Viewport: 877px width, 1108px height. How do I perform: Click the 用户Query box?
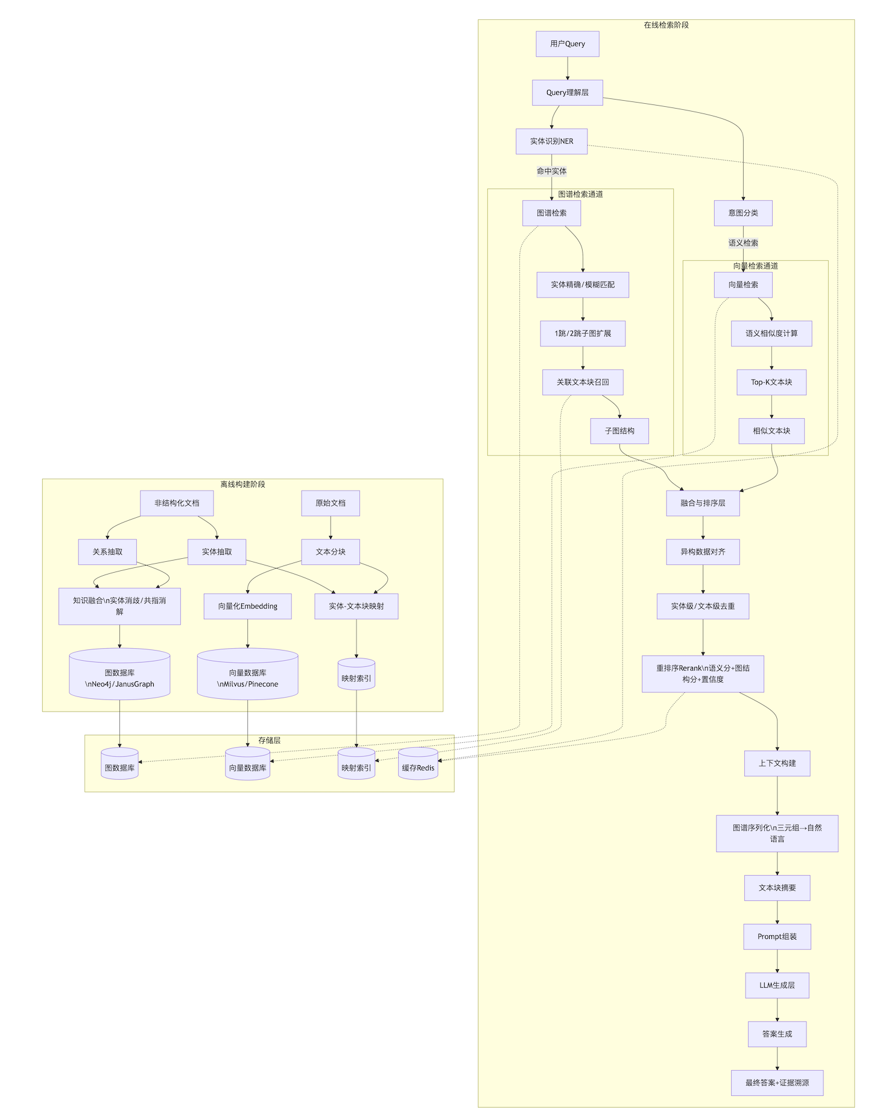pyautogui.click(x=567, y=44)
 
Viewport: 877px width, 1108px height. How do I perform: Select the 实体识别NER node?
pyautogui.click(x=551, y=141)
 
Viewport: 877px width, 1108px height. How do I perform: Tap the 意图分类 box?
pyautogui.click(x=742, y=213)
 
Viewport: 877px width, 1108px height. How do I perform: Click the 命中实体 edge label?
pyautogui.click(x=551, y=171)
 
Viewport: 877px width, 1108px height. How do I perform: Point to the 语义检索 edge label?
pyautogui.click(x=742, y=243)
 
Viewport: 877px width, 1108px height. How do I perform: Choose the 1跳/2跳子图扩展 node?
pyautogui.click(x=582, y=334)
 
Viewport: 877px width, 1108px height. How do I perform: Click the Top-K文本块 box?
pyautogui.click(x=771, y=383)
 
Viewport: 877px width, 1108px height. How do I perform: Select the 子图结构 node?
pyautogui.click(x=619, y=431)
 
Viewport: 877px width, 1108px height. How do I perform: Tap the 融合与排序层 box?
pyautogui.click(x=702, y=503)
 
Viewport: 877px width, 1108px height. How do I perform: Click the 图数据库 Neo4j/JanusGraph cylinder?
pyautogui.click(x=119, y=675)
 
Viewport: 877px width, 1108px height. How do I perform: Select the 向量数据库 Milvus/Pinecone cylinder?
pyautogui.click(x=247, y=675)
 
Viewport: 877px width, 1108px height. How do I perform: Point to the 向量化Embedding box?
pyautogui.click(x=247, y=607)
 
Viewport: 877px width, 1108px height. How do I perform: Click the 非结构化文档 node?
pyautogui.click(x=177, y=503)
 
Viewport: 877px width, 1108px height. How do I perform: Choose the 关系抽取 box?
pyautogui.click(x=107, y=552)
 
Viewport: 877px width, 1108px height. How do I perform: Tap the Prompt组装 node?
pyautogui.click(x=777, y=937)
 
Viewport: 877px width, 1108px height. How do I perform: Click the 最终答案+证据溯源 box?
pyautogui.click(x=777, y=1083)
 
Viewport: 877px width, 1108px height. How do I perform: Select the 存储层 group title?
pyautogui.click(x=269, y=740)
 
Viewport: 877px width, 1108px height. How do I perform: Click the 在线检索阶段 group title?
pyautogui.click(x=666, y=25)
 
